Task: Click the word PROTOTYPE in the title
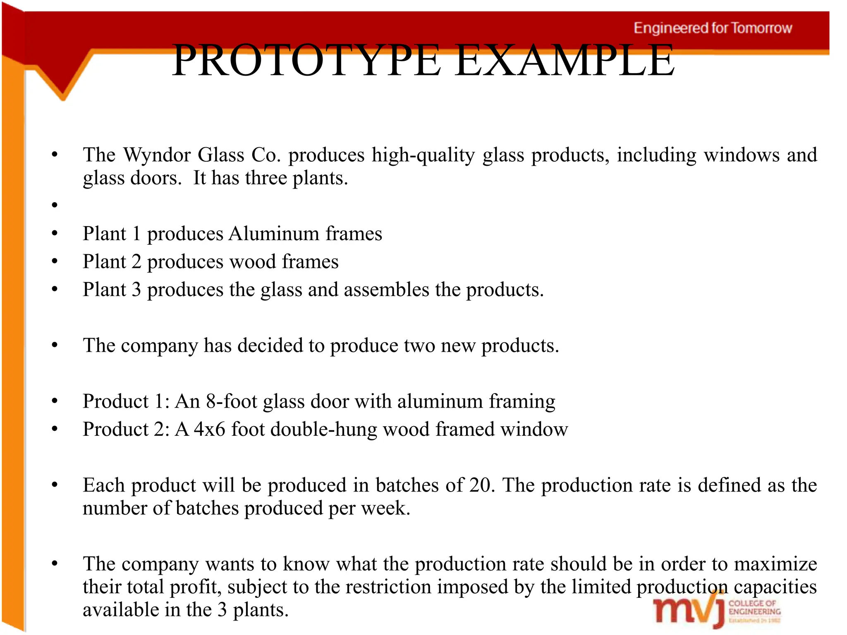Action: pyautogui.click(x=306, y=61)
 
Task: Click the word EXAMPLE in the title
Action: pyautogui.click(x=565, y=61)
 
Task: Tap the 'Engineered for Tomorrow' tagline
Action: pyautogui.click(x=713, y=28)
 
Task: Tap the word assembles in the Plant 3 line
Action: pyautogui.click(x=386, y=290)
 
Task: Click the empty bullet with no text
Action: pyautogui.click(x=54, y=205)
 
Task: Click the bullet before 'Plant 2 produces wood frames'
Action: pyautogui.click(x=54, y=261)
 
